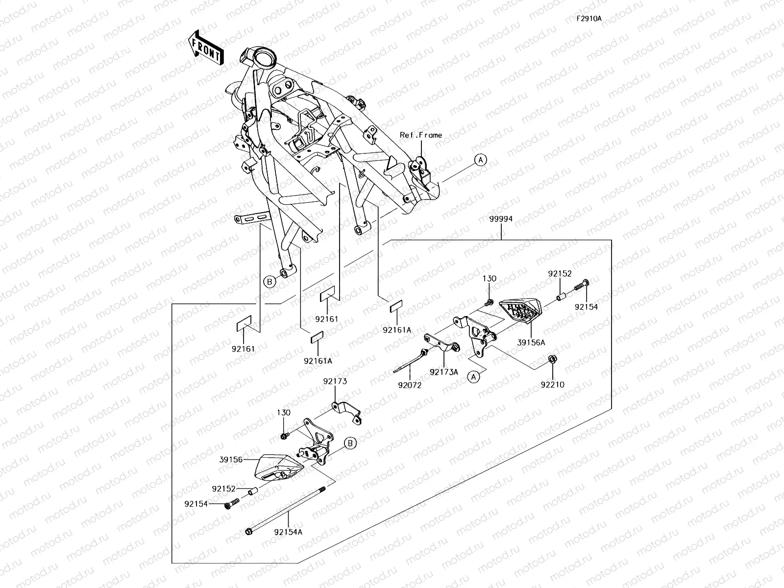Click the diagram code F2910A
pyautogui.click(x=588, y=19)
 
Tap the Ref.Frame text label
pyautogui.click(x=420, y=135)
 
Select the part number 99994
pyautogui.click(x=500, y=219)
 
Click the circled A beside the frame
pyautogui.click(x=480, y=159)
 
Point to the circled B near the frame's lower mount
pyautogui.click(x=269, y=281)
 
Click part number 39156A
pyautogui.click(x=531, y=343)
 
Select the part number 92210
pyautogui.click(x=552, y=385)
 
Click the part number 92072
pyautogui.click(x=410, y=385)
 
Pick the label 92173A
pyautogui.click(x=444, y=372)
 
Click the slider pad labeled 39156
pyautogui.click(x=278, y=465)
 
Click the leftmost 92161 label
pyautogui.click(x=244, y=349)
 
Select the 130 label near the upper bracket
pyautogui.click(x=489, y=278)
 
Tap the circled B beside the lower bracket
pyautogui.click(x=350, y=443)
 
